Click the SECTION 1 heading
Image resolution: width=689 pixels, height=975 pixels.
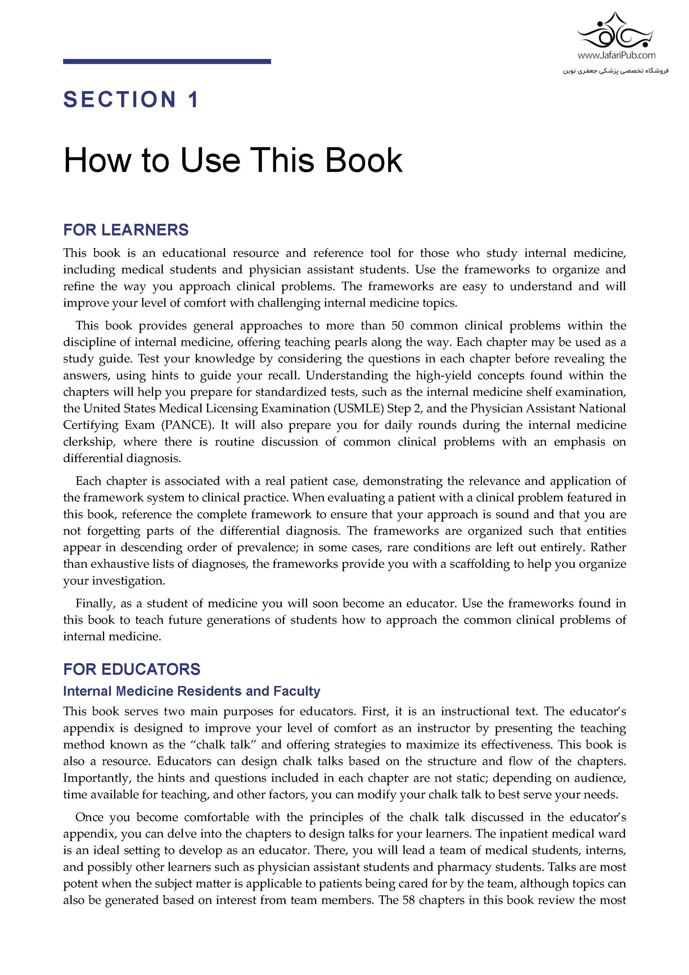(x=131, y=100)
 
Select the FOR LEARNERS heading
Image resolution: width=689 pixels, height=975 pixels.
(x=126, y=230)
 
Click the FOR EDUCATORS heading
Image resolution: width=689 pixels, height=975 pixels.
(x=132, y=669)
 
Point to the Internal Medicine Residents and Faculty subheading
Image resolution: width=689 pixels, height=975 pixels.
(x=191, y=691)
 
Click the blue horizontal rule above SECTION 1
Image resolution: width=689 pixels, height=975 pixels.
(x=167, y=62)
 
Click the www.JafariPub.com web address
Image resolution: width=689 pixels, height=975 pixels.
(x=616, y=55)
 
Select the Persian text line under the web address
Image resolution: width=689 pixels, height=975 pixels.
(x=616, y=70)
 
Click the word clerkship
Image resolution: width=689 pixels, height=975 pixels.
(x=89, y=442)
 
